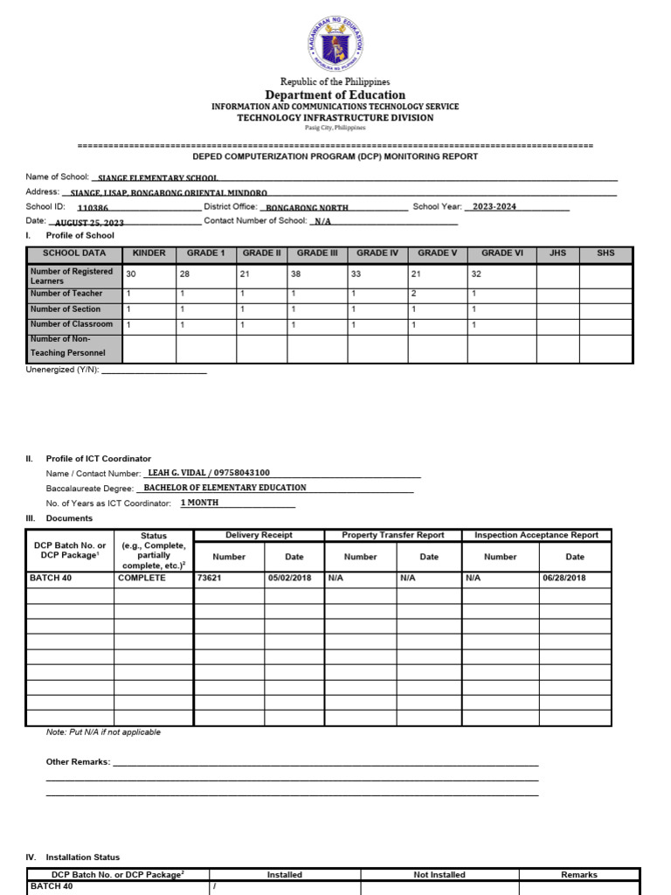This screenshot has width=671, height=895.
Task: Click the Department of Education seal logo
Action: [x=335, y=43]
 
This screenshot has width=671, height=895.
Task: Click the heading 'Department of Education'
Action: [x=335, y=94]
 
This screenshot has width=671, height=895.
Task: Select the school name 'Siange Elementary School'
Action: [x=158, y=178]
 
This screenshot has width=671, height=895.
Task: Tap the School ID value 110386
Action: [x=93, y=208]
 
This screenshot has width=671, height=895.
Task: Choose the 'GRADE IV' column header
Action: [x=377, y=253]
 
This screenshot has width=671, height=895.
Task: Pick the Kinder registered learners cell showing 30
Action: [x=131, y=274]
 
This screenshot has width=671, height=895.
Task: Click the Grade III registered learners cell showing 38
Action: [x=297, y=274]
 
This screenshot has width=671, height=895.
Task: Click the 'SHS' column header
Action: [x=605, y=253]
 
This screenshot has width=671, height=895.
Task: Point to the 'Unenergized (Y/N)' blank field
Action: [x=155, y=370]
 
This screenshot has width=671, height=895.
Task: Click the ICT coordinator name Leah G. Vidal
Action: [x=176, y=473]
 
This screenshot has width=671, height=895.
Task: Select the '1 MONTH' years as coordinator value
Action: [x=200, y=503]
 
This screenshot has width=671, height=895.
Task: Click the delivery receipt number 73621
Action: [x=210, y=578]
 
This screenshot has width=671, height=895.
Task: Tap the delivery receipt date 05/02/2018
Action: [x=288, y=578]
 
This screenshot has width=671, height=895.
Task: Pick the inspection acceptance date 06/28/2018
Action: [x=564, y=578]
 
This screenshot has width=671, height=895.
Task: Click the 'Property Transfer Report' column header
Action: [x=392, y=535]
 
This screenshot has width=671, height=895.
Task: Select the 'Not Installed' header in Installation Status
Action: [x=439, y=874]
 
